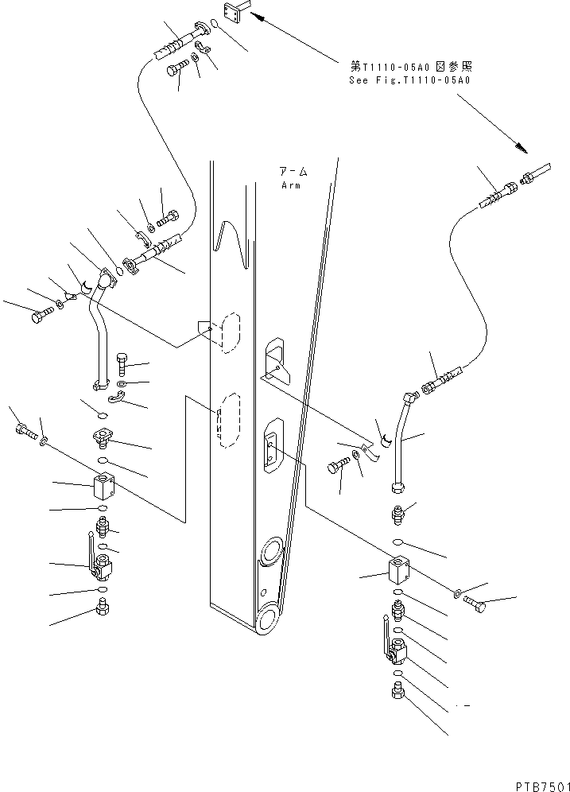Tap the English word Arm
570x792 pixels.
click(290, 185)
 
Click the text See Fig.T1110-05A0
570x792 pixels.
click(409, 80)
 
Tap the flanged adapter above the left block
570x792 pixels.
click(103, 436)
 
